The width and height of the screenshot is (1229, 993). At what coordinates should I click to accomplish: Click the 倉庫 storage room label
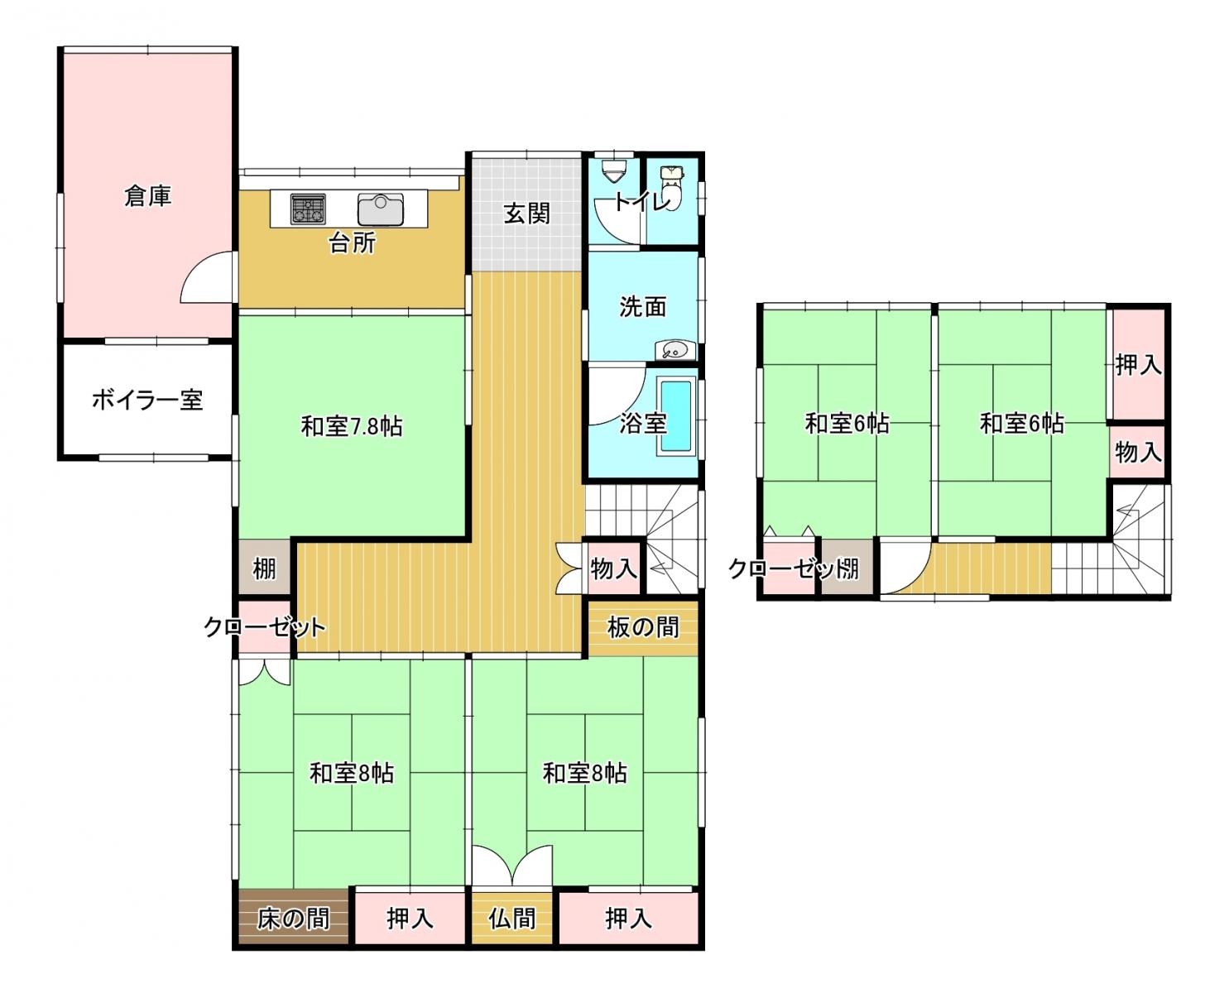[x=147, y=196]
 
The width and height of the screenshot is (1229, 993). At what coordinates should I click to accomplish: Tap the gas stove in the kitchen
[x=308, y=209]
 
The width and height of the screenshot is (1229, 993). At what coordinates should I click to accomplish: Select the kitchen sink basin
[x=380, y=209]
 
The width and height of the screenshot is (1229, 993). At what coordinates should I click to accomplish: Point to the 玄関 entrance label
[x=526, y=214]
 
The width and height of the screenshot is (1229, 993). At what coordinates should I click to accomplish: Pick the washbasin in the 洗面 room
[x=673, y=350]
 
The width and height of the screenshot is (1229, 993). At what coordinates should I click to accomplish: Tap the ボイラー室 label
[x=147, y=400]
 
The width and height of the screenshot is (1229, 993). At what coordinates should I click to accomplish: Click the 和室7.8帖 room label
[x=352, y=426]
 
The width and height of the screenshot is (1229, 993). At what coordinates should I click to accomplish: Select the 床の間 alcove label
[x=293, y=919]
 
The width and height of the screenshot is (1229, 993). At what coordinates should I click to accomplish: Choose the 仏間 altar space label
[x=511, y=919]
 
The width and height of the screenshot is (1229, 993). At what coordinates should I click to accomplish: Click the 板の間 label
[x=643, y=627]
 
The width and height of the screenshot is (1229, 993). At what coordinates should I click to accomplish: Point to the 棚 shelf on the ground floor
[x=264, y=569]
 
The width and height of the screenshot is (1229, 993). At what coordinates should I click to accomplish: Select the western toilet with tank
[x=672, y=186]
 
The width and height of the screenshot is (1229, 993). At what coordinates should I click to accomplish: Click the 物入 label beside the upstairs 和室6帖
[x=1138, y=452]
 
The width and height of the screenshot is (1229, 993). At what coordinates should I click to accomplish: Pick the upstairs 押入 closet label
[x=1138, y=365]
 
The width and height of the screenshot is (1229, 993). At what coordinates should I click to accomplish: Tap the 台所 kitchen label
[x=352, y=242]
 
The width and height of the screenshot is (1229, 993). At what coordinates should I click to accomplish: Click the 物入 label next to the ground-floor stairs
[x=613, y=569]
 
